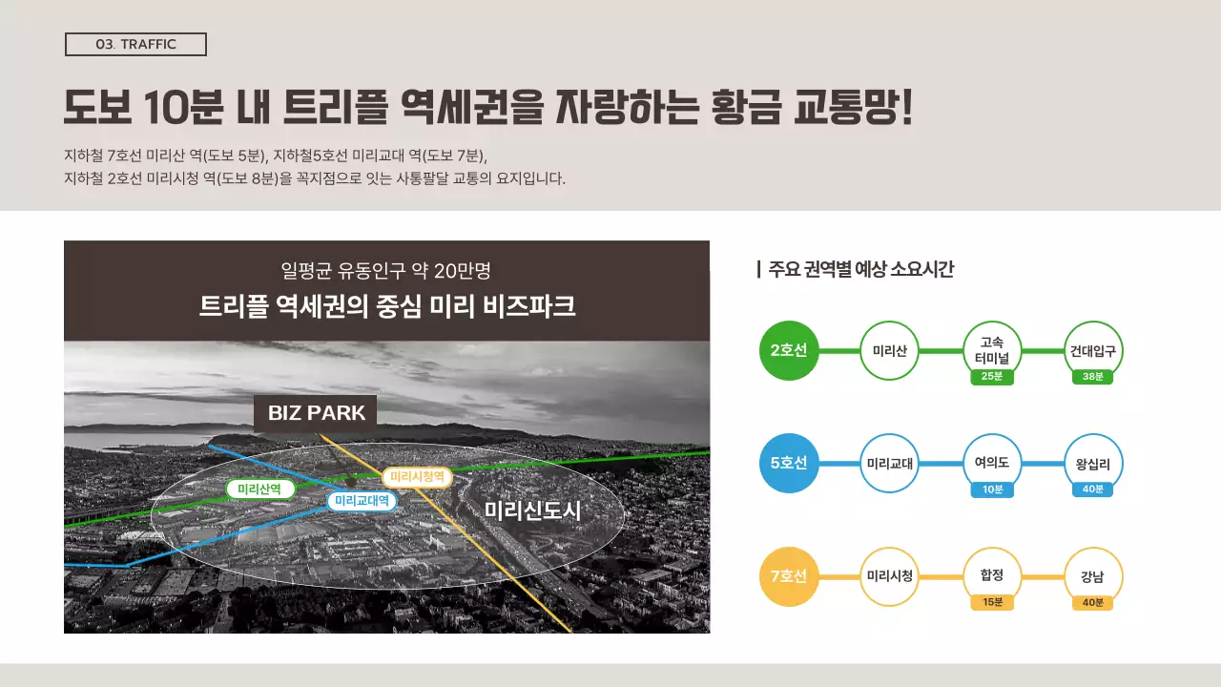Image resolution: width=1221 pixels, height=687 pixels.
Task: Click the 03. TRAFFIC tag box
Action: [x=135, y=45]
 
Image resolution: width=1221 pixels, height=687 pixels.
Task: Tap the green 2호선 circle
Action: [x=789, y=350]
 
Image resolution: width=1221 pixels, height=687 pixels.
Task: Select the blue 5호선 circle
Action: [x=789, y=464]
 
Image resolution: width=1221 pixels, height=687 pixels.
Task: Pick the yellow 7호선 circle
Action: [x=789, y=576]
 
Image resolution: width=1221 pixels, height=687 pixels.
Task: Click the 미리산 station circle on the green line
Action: [x=889, y=350]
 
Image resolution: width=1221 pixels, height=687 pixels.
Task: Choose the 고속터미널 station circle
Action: [x=992, y=348]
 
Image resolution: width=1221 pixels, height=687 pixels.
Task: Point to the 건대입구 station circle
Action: [x=1093, y=350]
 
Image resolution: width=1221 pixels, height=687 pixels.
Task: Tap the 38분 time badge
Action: [x=1093, y=377]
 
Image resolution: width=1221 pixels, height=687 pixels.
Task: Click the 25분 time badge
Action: [x=992, y=377]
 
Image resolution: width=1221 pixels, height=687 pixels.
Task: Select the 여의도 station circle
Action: [x=992, y=463]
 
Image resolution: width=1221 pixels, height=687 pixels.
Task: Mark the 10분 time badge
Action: [x=992, y=489]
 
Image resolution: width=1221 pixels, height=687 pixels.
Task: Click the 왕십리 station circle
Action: [x=1093, y=464]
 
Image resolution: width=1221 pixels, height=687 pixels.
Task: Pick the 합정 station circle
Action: [x=992, y=575]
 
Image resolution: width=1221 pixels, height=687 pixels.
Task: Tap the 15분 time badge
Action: [x=992, y=602]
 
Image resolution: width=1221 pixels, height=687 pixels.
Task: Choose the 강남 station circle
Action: [x=1093, y=576]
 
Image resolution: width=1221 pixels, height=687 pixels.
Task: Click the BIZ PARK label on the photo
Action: [x=316, y=413]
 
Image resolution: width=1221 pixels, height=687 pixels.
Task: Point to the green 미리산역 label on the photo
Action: [x=259, y=489]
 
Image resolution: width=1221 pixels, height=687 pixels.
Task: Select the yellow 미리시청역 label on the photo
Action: [x=417, y=476]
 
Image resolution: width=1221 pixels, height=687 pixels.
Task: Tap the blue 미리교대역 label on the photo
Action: [x=362, y=500]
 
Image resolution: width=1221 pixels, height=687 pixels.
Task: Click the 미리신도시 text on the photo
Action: [x=532, y=511]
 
